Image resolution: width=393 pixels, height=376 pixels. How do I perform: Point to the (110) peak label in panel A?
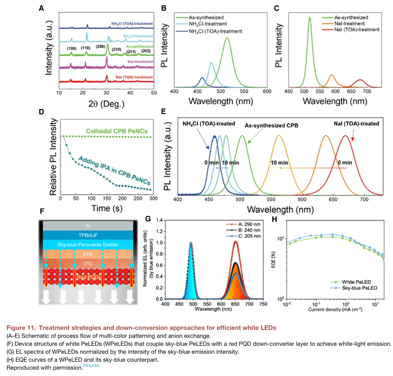pos(86,48)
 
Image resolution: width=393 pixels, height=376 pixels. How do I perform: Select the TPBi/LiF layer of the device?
pos(89,235)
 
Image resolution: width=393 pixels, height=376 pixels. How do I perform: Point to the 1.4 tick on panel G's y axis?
pos(158,220)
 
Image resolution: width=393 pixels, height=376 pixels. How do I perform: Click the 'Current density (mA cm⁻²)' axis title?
pos(335,309)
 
